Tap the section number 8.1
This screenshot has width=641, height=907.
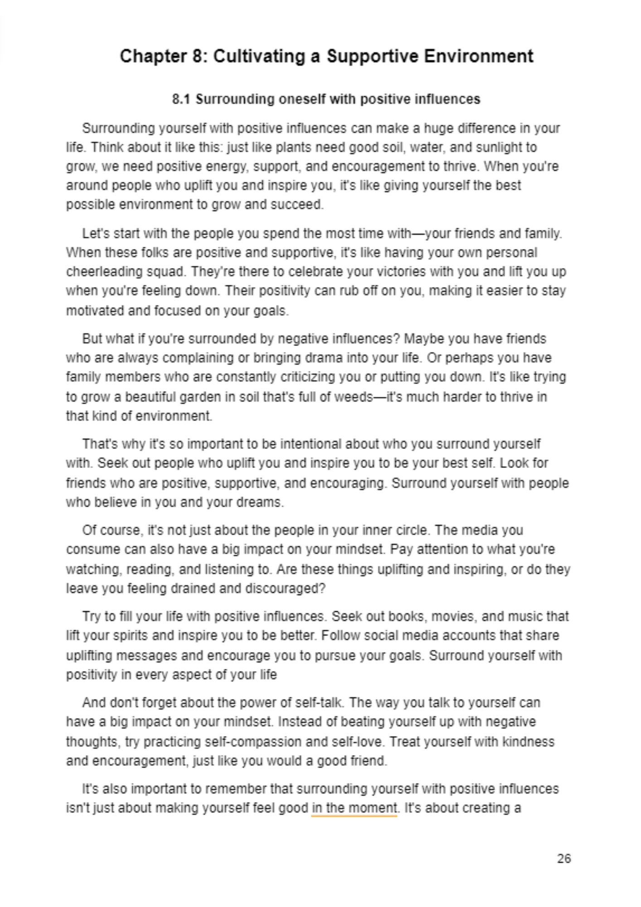pos(181,99)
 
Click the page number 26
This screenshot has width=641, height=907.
pos(564,858)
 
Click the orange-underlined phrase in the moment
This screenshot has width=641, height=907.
pos(354,808)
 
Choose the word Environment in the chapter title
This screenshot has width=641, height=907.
pos(478,56)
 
